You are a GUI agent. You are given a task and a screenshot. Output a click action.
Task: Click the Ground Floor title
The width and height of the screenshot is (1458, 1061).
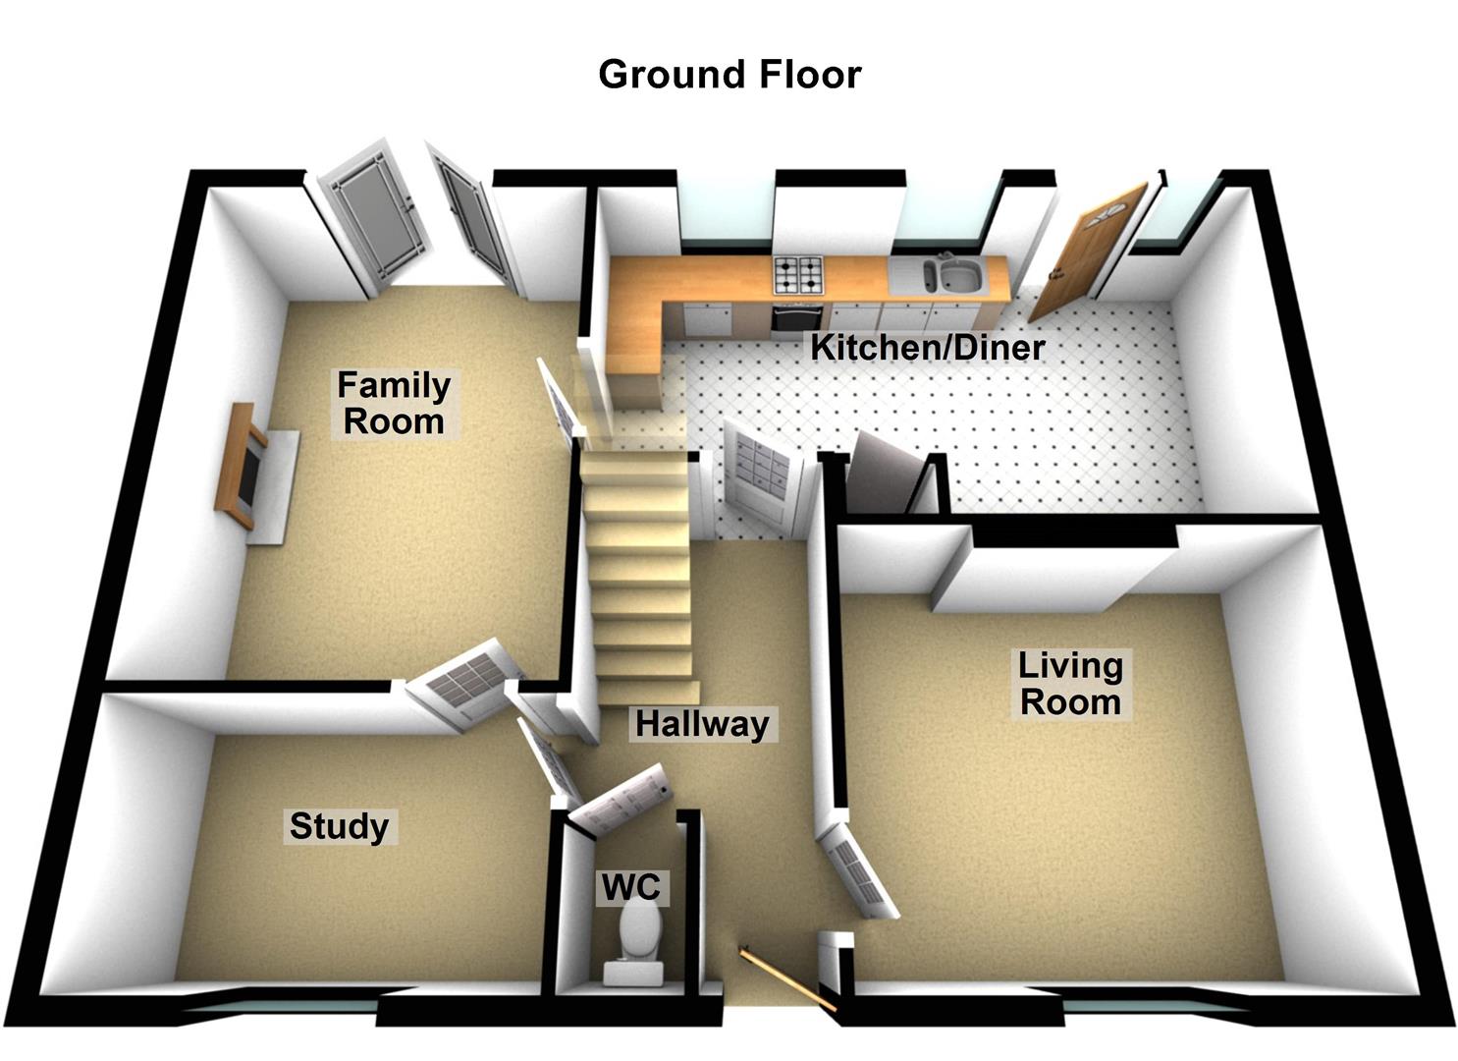pos(729,75)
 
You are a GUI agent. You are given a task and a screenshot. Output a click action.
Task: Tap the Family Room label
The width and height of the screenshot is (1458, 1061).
pos(394,403)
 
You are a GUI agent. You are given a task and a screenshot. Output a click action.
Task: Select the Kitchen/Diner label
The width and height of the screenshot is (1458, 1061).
pos(927,347)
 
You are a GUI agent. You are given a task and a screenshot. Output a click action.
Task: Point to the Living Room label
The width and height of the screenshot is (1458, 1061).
pos(1070,684)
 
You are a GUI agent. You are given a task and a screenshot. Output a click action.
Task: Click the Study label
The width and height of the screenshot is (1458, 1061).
pos(339,826)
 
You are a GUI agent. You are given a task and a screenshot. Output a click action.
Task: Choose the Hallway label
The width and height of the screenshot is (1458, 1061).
pos(702,724)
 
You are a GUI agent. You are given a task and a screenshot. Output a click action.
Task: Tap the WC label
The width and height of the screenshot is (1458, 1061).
pos(630,887)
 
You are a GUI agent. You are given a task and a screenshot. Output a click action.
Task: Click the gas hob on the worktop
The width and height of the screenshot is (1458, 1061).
pos(798,274)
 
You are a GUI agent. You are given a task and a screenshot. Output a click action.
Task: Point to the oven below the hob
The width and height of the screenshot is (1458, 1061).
pos(796,319)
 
